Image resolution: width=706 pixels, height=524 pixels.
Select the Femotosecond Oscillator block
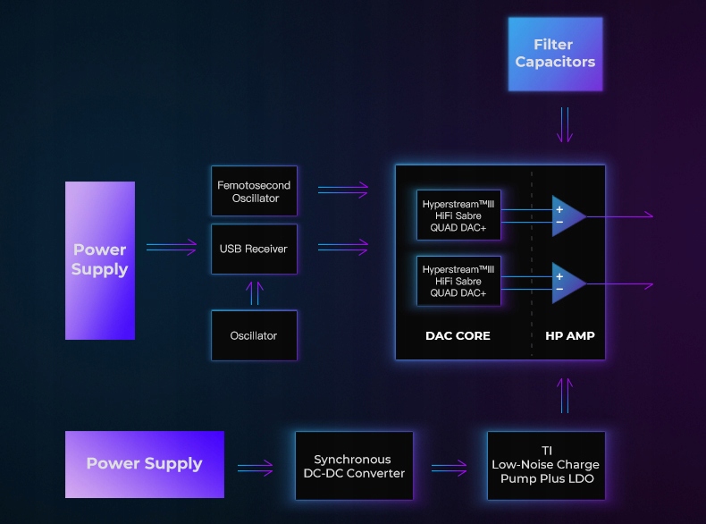[255, 191]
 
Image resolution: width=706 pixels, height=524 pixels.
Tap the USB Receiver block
[255, 249]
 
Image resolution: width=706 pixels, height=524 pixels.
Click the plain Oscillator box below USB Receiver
[255, 335]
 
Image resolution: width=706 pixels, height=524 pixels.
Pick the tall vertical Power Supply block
[100, 260]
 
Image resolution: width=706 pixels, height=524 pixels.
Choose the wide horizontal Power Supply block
[145, 464]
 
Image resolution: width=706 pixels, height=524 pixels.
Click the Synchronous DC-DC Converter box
[354, 466]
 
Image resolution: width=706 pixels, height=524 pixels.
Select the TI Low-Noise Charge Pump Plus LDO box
[546, 465]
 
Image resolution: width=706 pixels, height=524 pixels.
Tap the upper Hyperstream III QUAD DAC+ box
[458, 216]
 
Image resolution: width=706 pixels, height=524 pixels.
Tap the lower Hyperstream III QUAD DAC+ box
[458, 281]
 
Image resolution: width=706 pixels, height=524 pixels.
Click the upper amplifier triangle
[567, 216]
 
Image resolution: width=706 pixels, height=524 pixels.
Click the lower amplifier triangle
[567, 283]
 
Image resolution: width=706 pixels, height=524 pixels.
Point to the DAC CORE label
[458, 336]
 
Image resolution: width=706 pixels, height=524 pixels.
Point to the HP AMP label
[570, 336]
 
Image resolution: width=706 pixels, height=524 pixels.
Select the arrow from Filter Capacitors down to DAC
[563, 125]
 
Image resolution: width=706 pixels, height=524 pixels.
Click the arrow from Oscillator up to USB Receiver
[255, 292]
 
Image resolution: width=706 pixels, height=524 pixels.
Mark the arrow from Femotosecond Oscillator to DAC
[343, 190]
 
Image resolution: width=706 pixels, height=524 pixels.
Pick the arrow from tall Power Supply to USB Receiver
[172, 248]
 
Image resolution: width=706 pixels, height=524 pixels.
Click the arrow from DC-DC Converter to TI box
[450, 466]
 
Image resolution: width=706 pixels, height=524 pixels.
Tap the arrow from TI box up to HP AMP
[563, 395]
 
